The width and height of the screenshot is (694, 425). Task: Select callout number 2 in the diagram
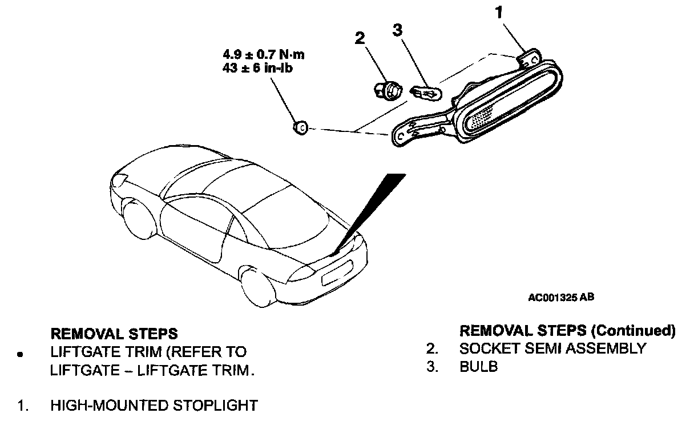(x=360, y=38)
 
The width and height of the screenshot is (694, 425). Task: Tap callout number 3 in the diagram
(x=398, y=30)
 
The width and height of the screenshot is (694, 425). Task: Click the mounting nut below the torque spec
(x=300, y=127)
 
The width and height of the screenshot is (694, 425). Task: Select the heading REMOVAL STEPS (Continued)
(x=567, y=330)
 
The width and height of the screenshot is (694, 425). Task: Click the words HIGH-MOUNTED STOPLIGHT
(x=154, y=406)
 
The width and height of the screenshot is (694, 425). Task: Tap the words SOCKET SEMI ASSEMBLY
(x=552, y=348)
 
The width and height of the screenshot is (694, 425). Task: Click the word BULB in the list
(x=478, y=367)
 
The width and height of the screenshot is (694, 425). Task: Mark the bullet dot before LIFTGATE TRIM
(x=21, y=354)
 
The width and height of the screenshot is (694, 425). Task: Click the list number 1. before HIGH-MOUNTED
(x=23, y=406)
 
